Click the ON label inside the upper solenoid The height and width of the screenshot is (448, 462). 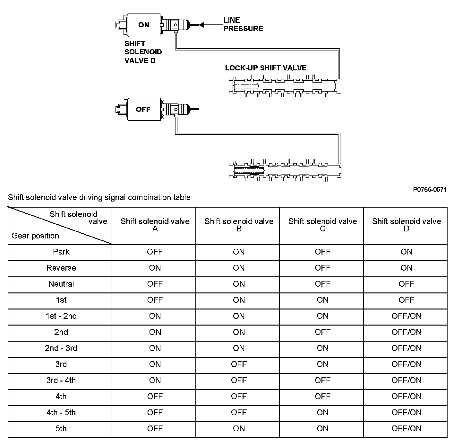coord(144,25)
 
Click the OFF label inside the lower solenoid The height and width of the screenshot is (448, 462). coord(143,109)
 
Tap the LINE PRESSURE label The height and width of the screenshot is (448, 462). coord(243,24)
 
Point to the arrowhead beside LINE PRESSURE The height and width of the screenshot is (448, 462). coord(201,24)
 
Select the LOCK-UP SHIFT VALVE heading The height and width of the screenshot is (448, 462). coord(266,68)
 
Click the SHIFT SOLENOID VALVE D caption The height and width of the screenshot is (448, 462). coord(143,52)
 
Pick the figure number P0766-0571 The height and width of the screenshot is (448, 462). coord(430,190)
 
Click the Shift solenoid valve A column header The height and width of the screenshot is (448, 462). coord(155,225)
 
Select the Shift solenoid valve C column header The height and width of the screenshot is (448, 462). coord(322,225)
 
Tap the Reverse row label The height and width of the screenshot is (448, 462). coord(61,268)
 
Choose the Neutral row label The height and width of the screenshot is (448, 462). coord(61,284)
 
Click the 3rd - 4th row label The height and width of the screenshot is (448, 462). coord(61,381)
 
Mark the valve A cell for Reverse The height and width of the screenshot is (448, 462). coord(155,268)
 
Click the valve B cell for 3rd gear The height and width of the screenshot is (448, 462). coord(239,364)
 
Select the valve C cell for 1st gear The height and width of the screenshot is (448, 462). coord(322,300)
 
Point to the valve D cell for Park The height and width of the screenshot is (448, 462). coord(406,252)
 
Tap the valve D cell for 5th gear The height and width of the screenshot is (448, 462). coord(406,429)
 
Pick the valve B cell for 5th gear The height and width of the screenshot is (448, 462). coord(239,429)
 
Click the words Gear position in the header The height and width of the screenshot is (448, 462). coord(35,236)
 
